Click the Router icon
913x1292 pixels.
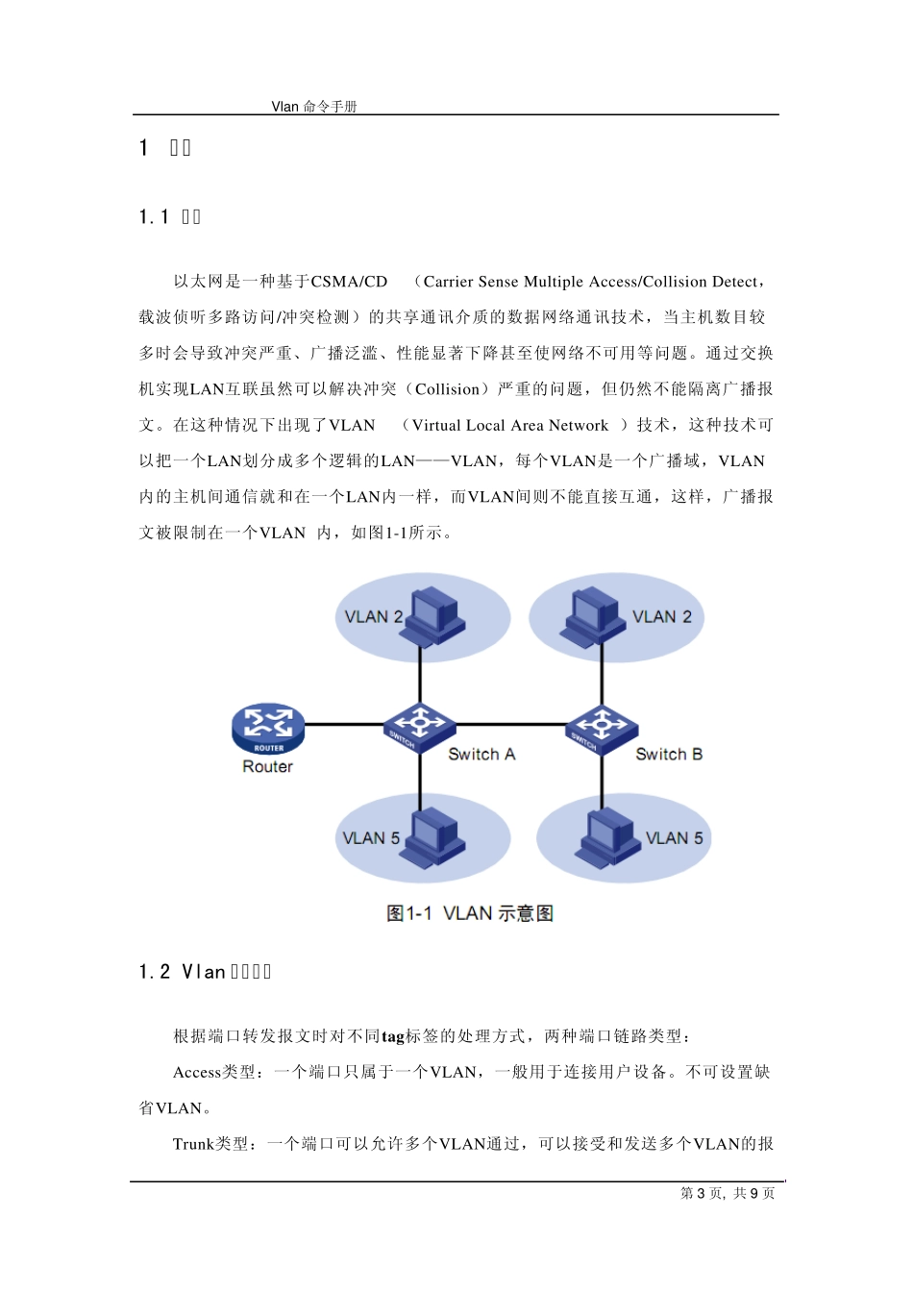pyautogui.click(x=268, y=728)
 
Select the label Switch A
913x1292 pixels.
pyautogui.click(x=481, y=755)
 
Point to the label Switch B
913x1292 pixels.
pyautogui.click(x=669, y=755)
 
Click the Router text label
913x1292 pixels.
pyautogui.click(x=267, y=767)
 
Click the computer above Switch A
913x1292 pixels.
pyautogui.click(x=434, y=615)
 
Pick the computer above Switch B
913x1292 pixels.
pyautogui.click(x=592, y=615)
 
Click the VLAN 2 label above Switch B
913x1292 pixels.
pyautogui.click(x=661, y=617)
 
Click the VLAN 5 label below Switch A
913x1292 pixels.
pyautogui.click(x=371, y=838)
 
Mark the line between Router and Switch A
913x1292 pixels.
pyautogui.click(x=344, y=724)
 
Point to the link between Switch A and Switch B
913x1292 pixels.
pyautogui.click(x=510, y=724)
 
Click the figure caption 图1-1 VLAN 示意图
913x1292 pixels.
pyautogui.click(x=469, y=913)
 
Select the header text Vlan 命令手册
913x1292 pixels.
pyautogui.click(x=314, y=107)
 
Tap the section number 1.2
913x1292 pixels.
pyautogui.click(x=155, y=972)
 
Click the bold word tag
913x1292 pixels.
pyautogui.click(x=393, y=1036)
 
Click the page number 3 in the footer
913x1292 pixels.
pyautogui.click(x=701, y=1194)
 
